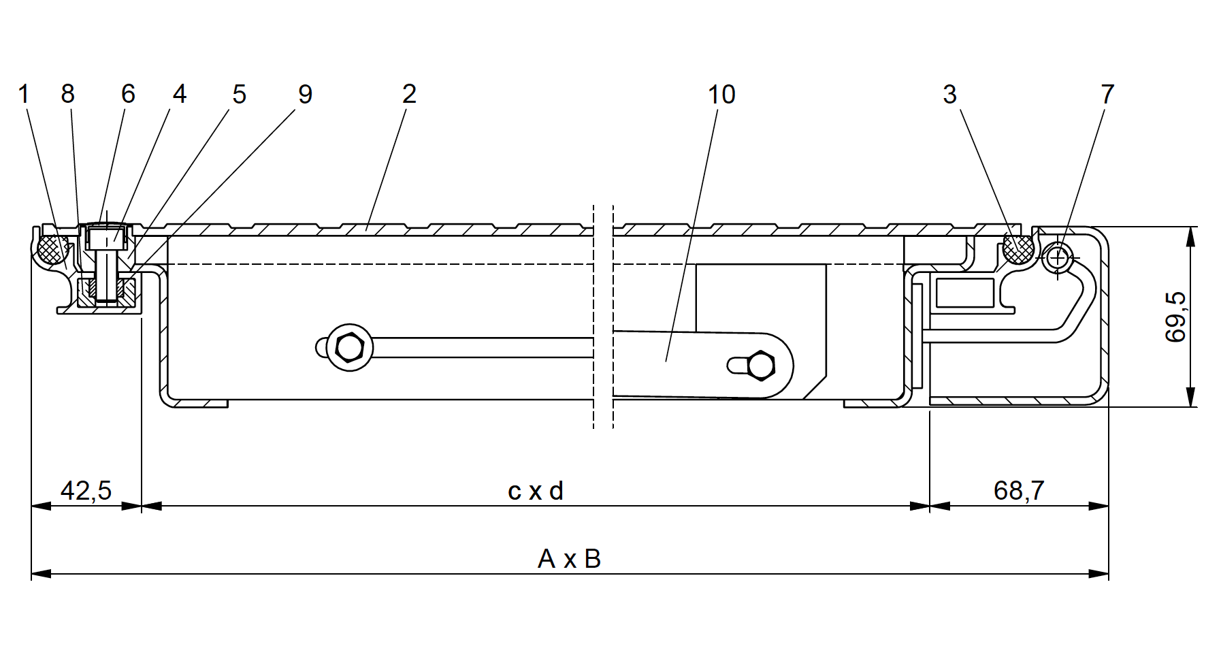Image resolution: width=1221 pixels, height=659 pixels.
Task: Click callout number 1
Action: tap(25, 95)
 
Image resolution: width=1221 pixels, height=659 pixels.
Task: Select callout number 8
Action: tap(67, 95)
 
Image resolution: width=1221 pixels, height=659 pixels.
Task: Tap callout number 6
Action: tap(128, 95)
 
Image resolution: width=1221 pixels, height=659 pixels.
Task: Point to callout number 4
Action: tap(179, 95)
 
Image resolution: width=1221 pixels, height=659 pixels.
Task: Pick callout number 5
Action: tap(239, 95)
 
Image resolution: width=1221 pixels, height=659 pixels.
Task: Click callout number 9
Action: tap(305, 95)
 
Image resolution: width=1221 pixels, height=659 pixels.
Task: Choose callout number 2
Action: tap(409, 95)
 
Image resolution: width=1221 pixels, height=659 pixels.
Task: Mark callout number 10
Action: tap(721, 95)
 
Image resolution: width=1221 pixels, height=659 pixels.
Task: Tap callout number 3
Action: tap(950, 95)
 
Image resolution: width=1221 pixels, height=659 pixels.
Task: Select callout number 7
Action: tap(1107, 95)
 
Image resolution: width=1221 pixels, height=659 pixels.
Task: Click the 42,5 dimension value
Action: tap(86, 490)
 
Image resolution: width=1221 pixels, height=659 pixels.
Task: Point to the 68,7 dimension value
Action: tap(1019, 490)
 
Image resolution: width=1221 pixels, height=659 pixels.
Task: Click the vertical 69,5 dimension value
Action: tap(1175, 317)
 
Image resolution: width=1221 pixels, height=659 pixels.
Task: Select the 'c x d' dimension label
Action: tap(536, 490)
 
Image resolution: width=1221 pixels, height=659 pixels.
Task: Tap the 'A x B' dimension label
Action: tap(569, 559)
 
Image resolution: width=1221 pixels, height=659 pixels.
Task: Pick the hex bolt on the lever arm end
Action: tap(760, 366)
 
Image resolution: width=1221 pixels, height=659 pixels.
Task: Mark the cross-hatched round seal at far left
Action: tap(52, 248)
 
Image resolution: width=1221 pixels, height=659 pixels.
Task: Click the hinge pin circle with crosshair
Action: tap(1057, 258)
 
